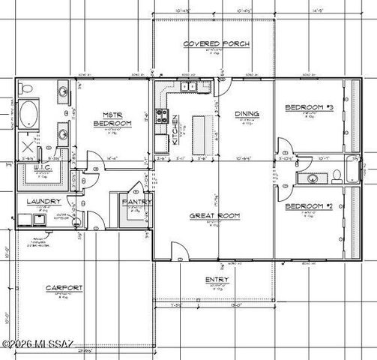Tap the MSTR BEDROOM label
coord(112,118)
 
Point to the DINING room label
coord(247,115)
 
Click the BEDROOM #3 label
coord(308,109)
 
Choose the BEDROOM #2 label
coord(308,205)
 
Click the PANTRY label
coord(137,202)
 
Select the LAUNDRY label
coord(43,202)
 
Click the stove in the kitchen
coord(160,115)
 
